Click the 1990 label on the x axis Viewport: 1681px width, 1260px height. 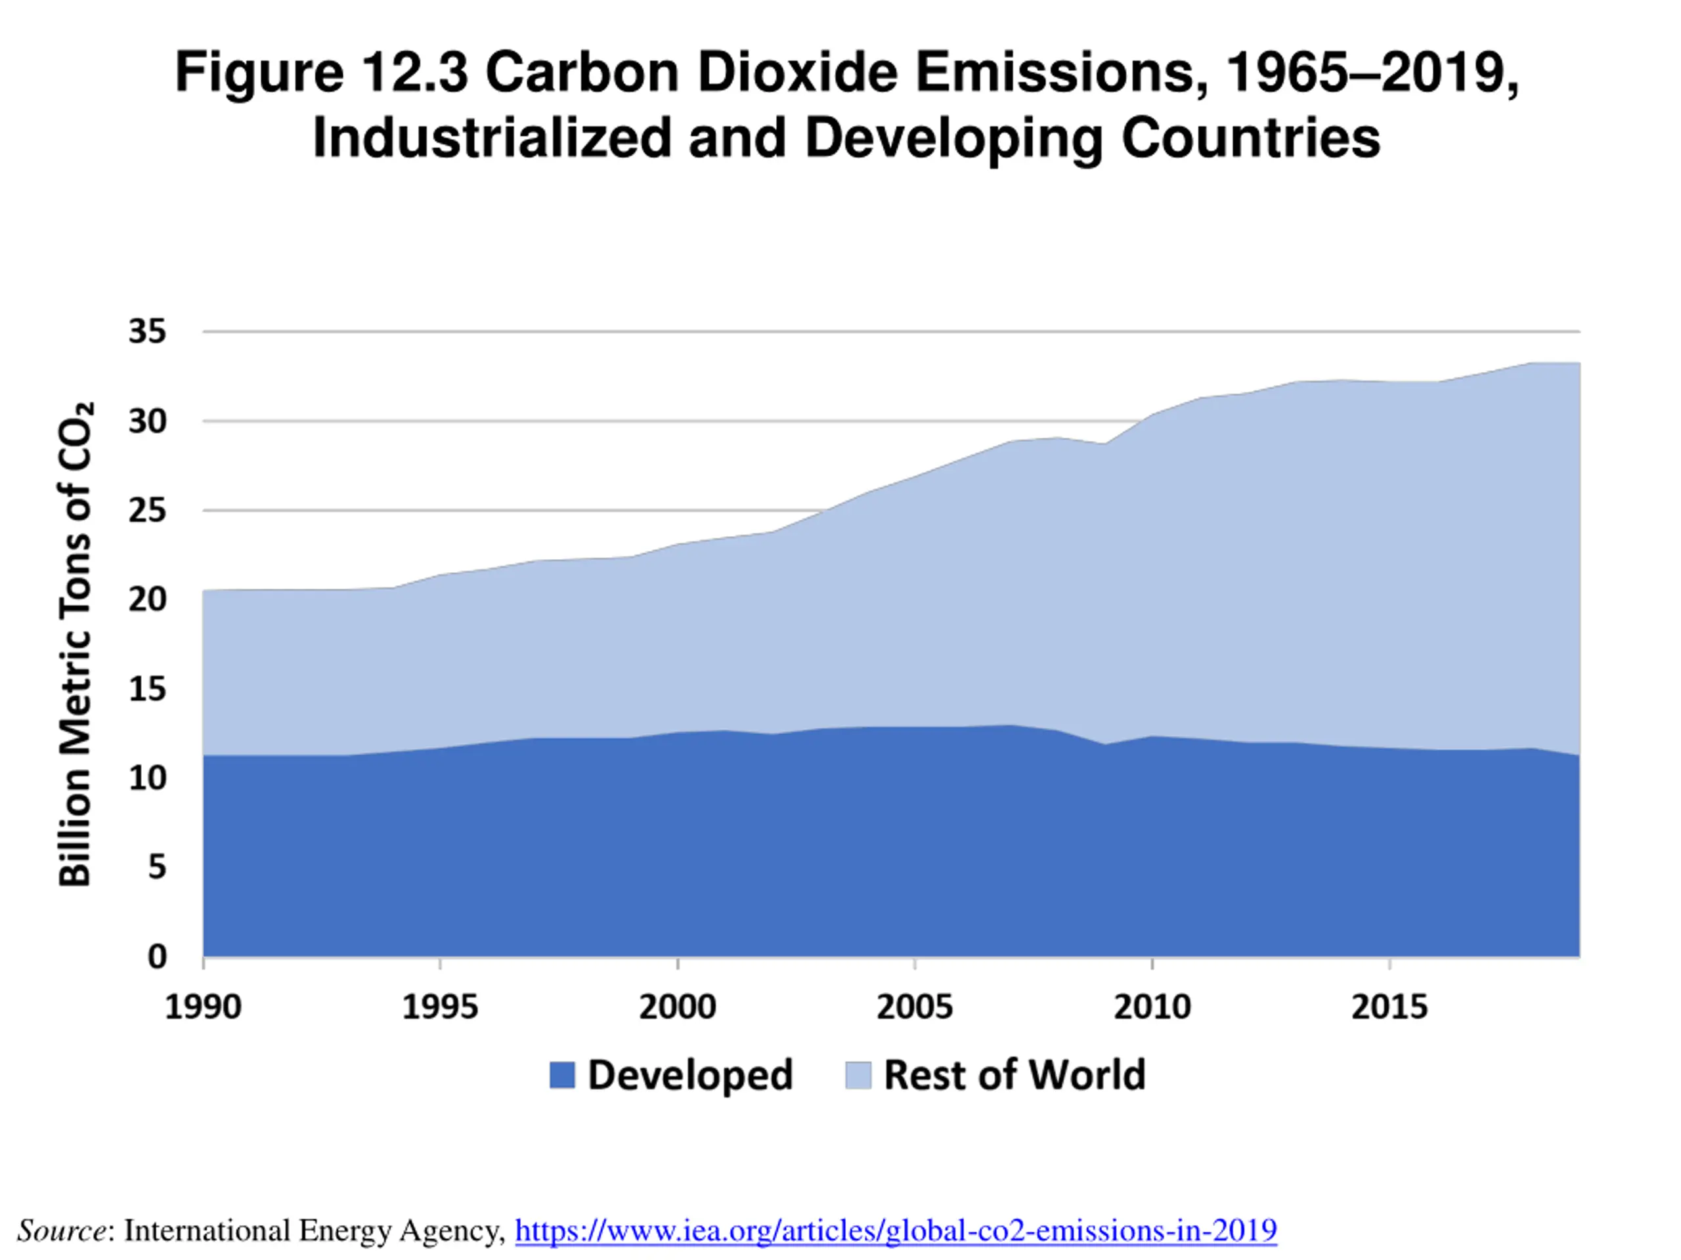pyautogui.click(x=203, y=1007)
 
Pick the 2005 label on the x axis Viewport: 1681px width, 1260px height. pyautogui.click(x=914, y=1007)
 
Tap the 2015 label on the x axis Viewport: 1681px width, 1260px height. pyautogui.click(x=1389, y=1007)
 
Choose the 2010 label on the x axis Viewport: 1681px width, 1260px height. pyautogui.click(x=1152, y=1007)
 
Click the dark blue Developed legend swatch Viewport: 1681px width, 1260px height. pyautogui.click(x=562, y=1076)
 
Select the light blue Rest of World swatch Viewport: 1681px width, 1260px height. pyautogui.click(x=858, y=1076)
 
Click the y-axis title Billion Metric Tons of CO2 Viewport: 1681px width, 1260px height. pyautogui.click(x=76, y=644)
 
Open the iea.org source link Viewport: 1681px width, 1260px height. pyautogui.click(x=896, y=1230)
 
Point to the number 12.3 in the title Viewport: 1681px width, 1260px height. pyautogui.click(x=414, y=73)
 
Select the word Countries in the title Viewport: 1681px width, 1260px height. pyautogui.click(x=1251, y=138)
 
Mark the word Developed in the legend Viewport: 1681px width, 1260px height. pyautogui.click(x=690, y=1076)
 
